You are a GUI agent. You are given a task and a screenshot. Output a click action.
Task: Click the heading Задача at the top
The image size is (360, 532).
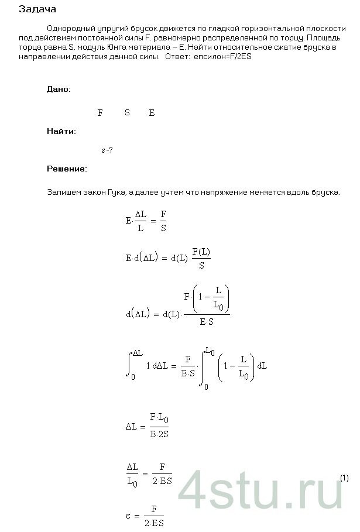tap(37, 10)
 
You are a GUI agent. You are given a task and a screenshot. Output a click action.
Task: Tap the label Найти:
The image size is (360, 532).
tap(61, 131)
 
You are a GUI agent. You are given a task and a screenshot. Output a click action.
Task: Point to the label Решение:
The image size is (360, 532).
tap(66, 169)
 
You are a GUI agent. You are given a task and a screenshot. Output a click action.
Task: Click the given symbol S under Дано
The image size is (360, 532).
tap(127, 112)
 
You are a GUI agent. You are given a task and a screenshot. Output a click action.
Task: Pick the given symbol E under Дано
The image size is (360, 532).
tap(152, 112)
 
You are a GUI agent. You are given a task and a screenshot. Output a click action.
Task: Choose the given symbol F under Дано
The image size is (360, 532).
tap(100, 112)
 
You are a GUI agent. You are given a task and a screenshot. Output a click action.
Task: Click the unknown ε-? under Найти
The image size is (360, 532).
tap(107, 150)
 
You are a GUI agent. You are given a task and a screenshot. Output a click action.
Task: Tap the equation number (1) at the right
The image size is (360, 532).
tap(344, 478)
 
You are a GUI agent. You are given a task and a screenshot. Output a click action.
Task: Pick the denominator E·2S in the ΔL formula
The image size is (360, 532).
tap(159, 434)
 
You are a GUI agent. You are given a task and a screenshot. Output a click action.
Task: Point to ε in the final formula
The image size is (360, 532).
tap(129, 514)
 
